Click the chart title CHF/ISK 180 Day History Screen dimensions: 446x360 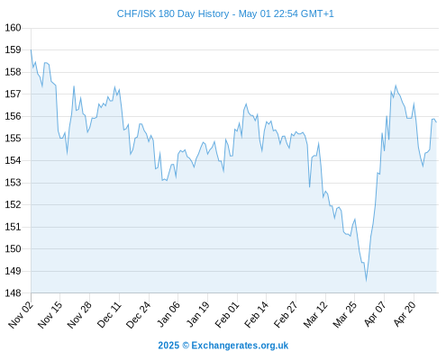[173, 14]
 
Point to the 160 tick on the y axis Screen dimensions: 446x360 [13, 28]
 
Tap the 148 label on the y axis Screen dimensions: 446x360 [13, 293]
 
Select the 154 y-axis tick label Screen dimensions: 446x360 [13, 160]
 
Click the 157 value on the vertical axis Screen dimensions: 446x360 [13, 94]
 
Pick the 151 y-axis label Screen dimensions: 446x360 [13, 227]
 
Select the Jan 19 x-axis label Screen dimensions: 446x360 [197, 314]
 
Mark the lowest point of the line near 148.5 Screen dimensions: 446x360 [366, 281]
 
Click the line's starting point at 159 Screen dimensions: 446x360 [31, 49]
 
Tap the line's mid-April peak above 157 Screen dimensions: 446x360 [396, 85]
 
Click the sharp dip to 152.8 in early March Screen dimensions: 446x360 [309, 186]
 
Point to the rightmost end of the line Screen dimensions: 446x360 [436, 121]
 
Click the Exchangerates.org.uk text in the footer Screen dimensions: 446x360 [240, 346]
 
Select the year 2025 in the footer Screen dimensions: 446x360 [168, 346]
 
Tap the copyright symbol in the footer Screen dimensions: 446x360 [186, 346]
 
